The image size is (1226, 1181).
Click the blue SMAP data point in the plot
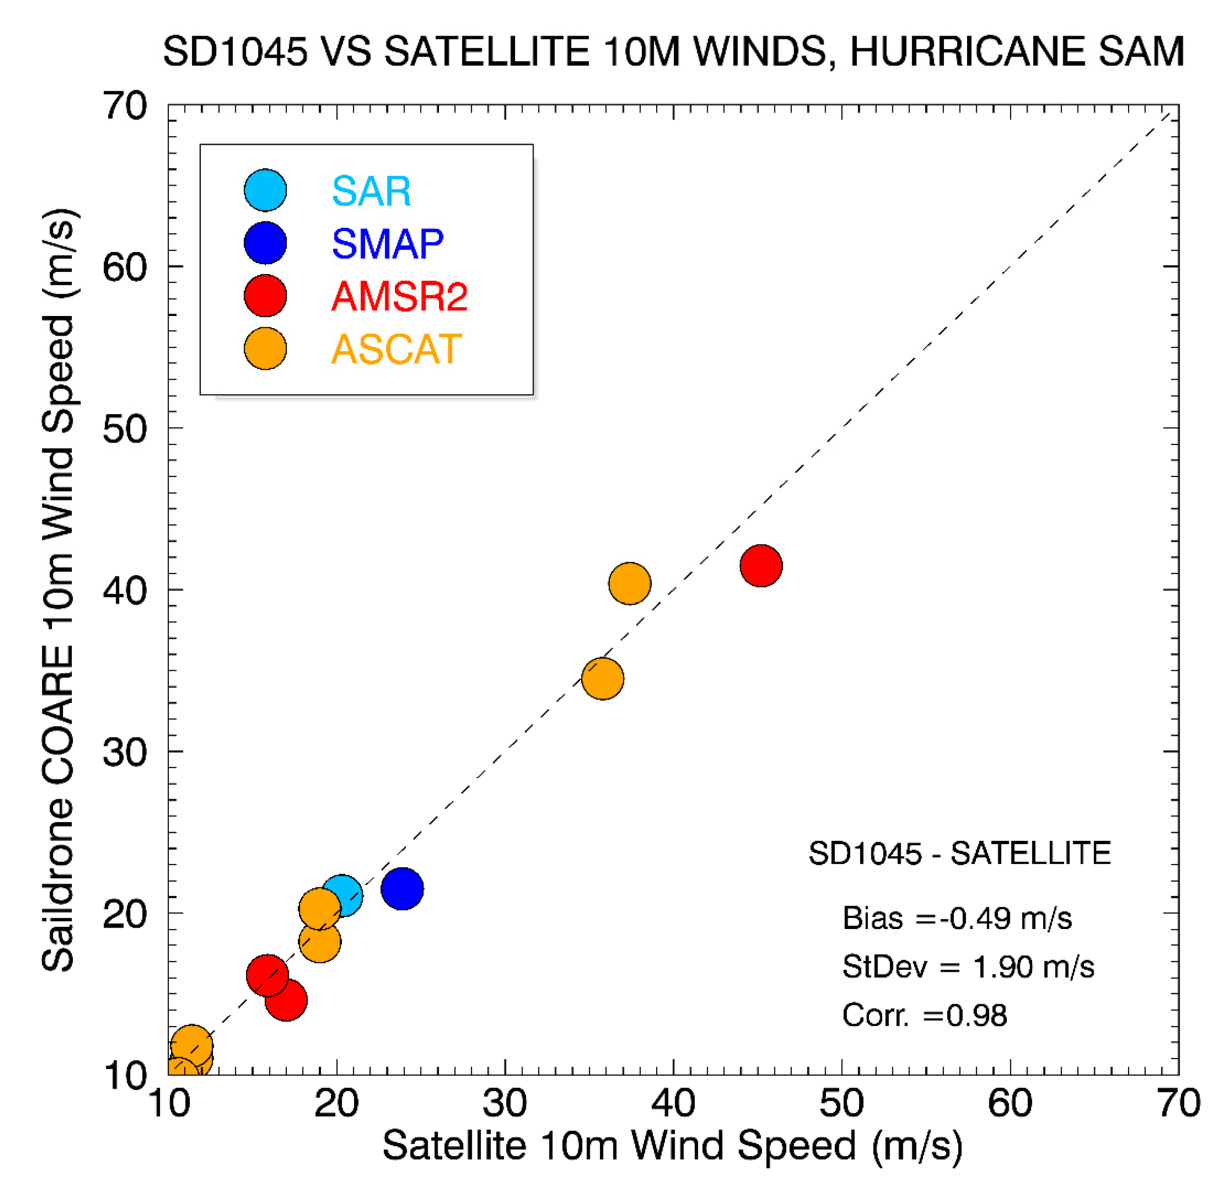(x=402, y=888)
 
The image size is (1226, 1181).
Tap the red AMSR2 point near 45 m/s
(x=761, y=566)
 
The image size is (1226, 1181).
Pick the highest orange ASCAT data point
(x=629, y=583)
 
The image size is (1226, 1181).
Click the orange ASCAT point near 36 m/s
(x=602, y=679)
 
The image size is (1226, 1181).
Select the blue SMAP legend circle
(x=265, y=243)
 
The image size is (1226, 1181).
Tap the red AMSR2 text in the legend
(x=399, y=296)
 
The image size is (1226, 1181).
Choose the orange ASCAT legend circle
(x=265, y=348)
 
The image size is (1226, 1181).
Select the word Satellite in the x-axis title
(x=455, y=1146)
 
